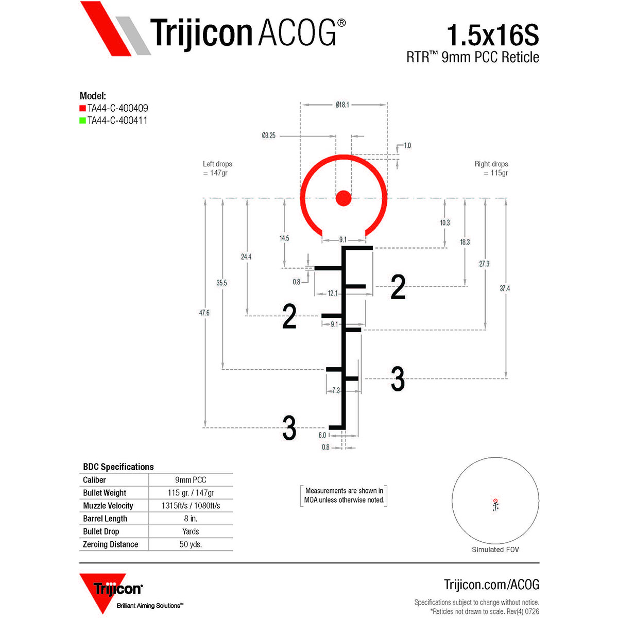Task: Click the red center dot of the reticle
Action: (x=343, y=198)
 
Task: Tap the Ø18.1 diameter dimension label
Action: (x=342, y=105)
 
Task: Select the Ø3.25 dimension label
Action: (x=268, y=135)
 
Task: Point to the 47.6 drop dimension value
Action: (x=204, y=313)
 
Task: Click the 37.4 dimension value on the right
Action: (x=505, y=288)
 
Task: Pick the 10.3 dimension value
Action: (x=444, y=222)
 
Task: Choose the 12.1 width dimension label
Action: (x=332, y=293)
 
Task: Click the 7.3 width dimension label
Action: (x=336, y=390)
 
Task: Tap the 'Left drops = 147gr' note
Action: (x=217, y=168)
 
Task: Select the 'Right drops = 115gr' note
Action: (x=491, y=168)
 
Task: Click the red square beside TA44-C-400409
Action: (x=82, y=108)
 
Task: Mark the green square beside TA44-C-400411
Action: (x=82, y=121)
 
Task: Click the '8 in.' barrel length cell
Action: (x=191, y=518)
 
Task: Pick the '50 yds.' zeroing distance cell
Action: (x=191, y=544)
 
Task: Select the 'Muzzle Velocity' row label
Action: (x=108, y=505)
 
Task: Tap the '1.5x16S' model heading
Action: (x=493, y=35)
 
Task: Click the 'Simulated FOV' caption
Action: (x=495, y=550)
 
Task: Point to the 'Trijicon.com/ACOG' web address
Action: (x=491, y=585)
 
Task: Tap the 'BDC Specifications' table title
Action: (x=118, y=467)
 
